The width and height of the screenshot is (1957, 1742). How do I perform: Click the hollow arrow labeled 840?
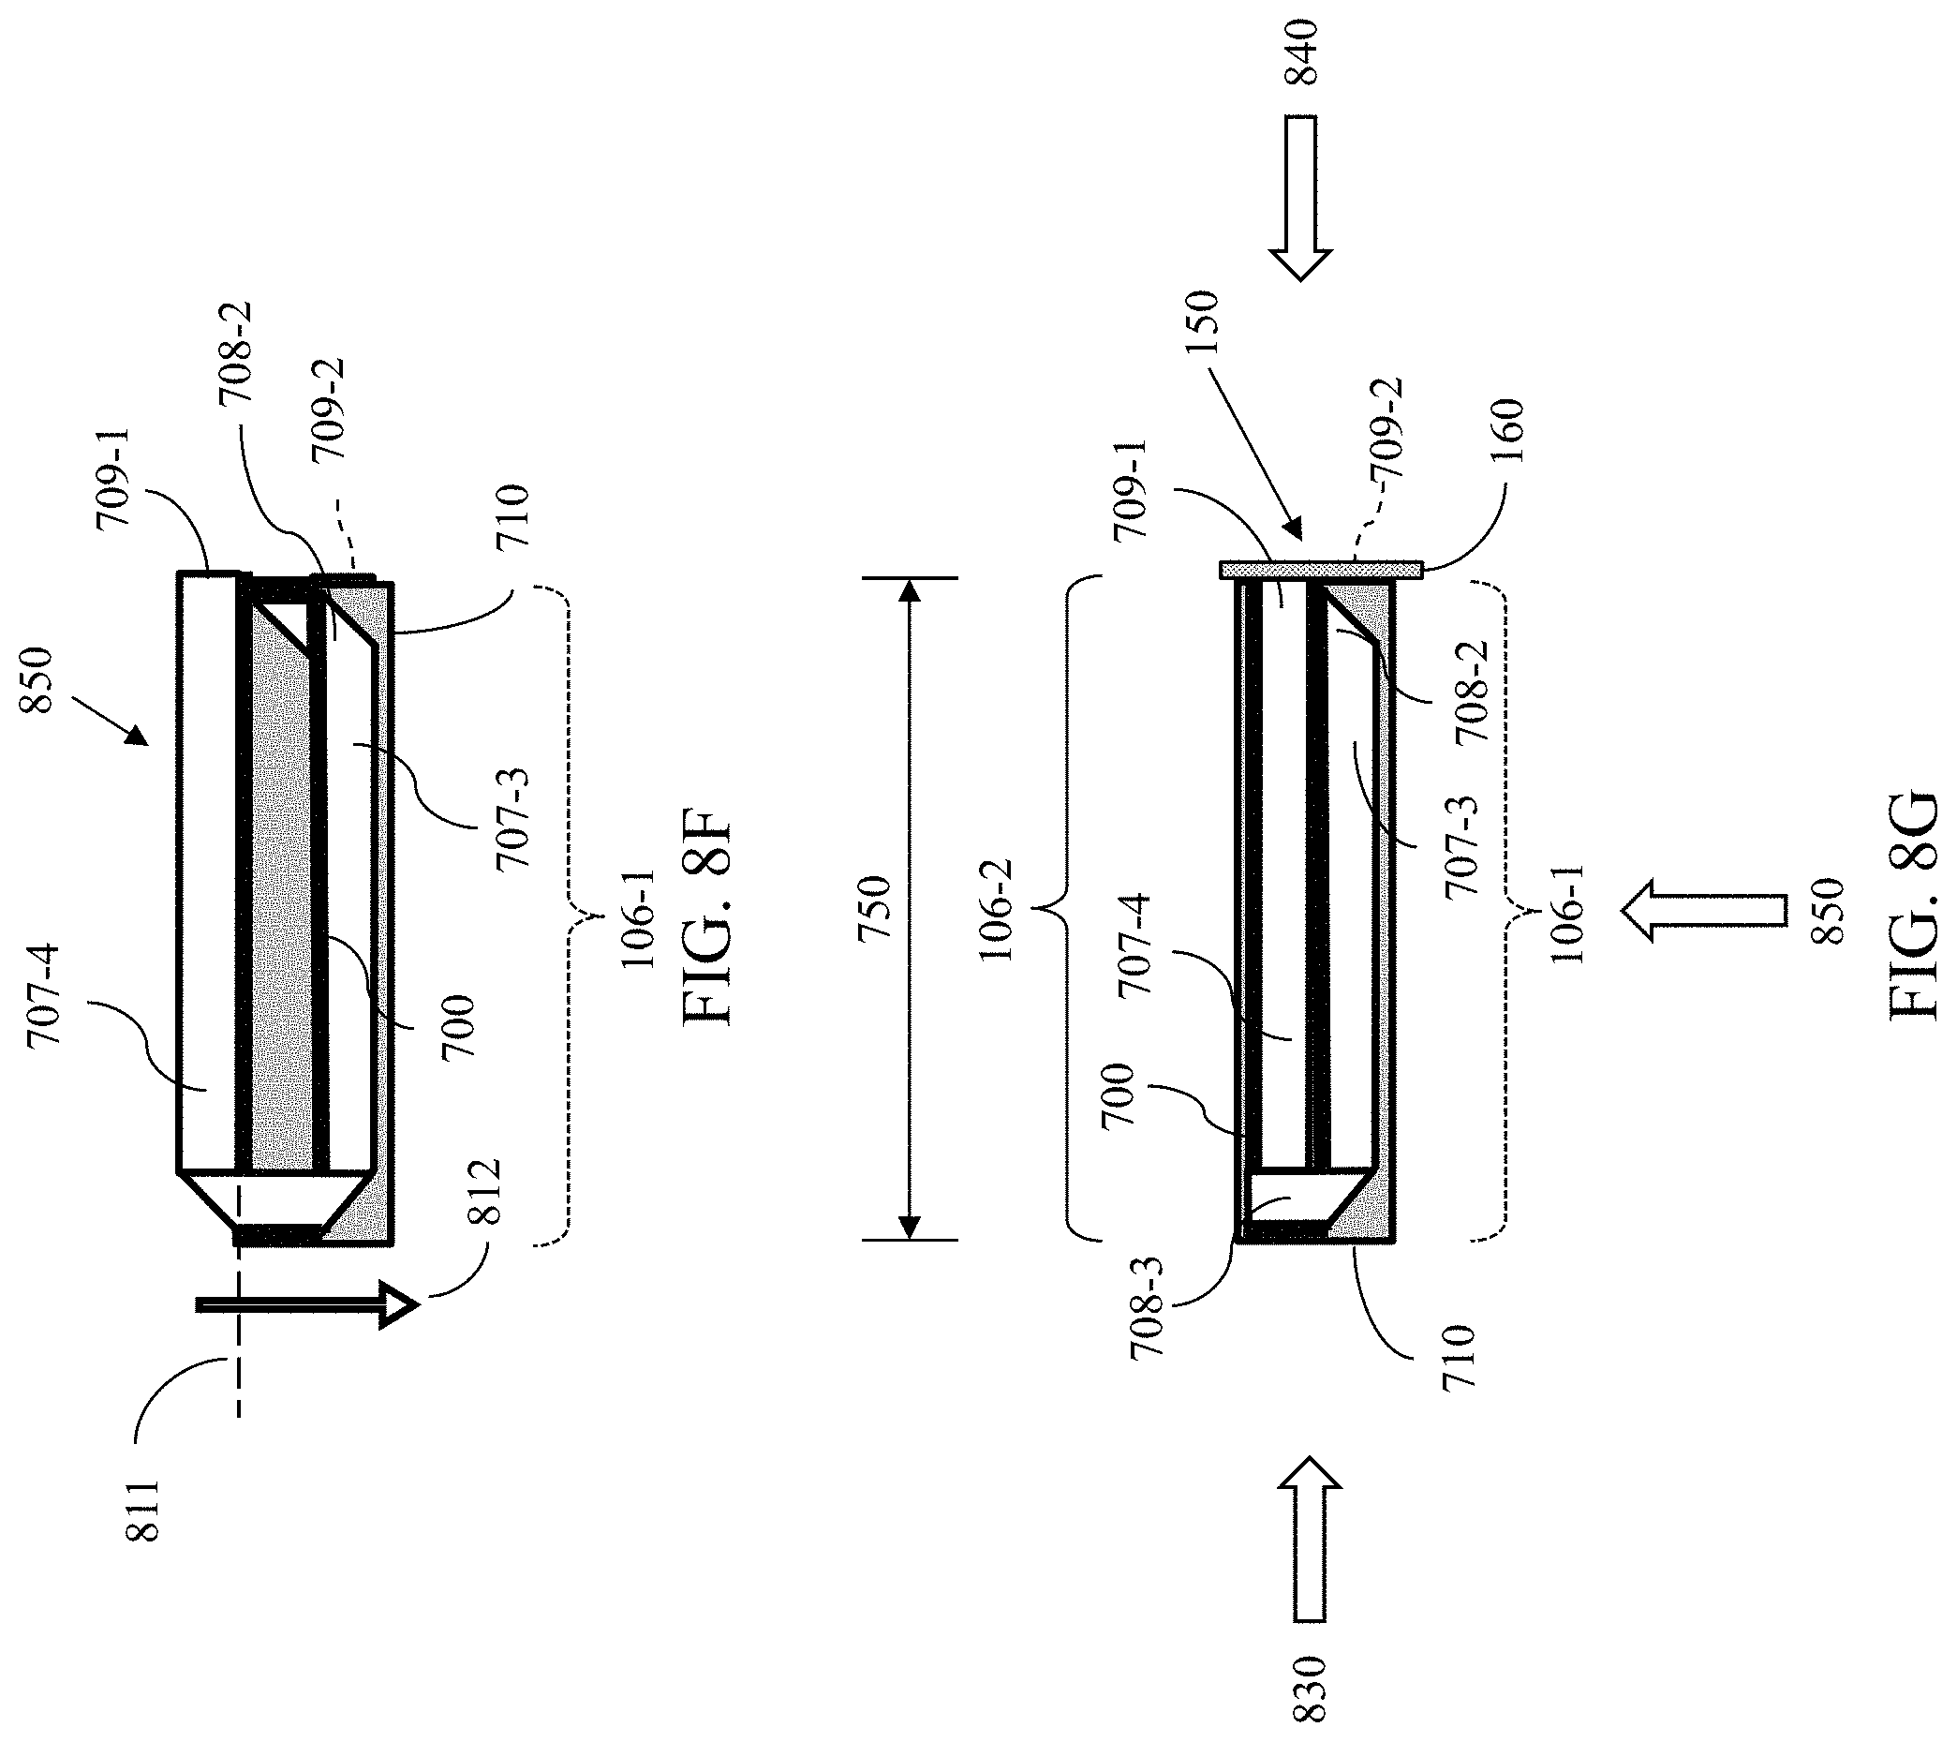pyautogui.click(x=1301, y=199)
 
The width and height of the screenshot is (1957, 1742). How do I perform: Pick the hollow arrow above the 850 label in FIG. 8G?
pyautogui.click(x=1703, y=911)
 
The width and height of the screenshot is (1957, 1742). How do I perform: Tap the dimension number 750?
pyautogui.click(x=875, y=909)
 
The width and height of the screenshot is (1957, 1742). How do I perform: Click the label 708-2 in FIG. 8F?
pyautogui.click(x=235, y=354)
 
